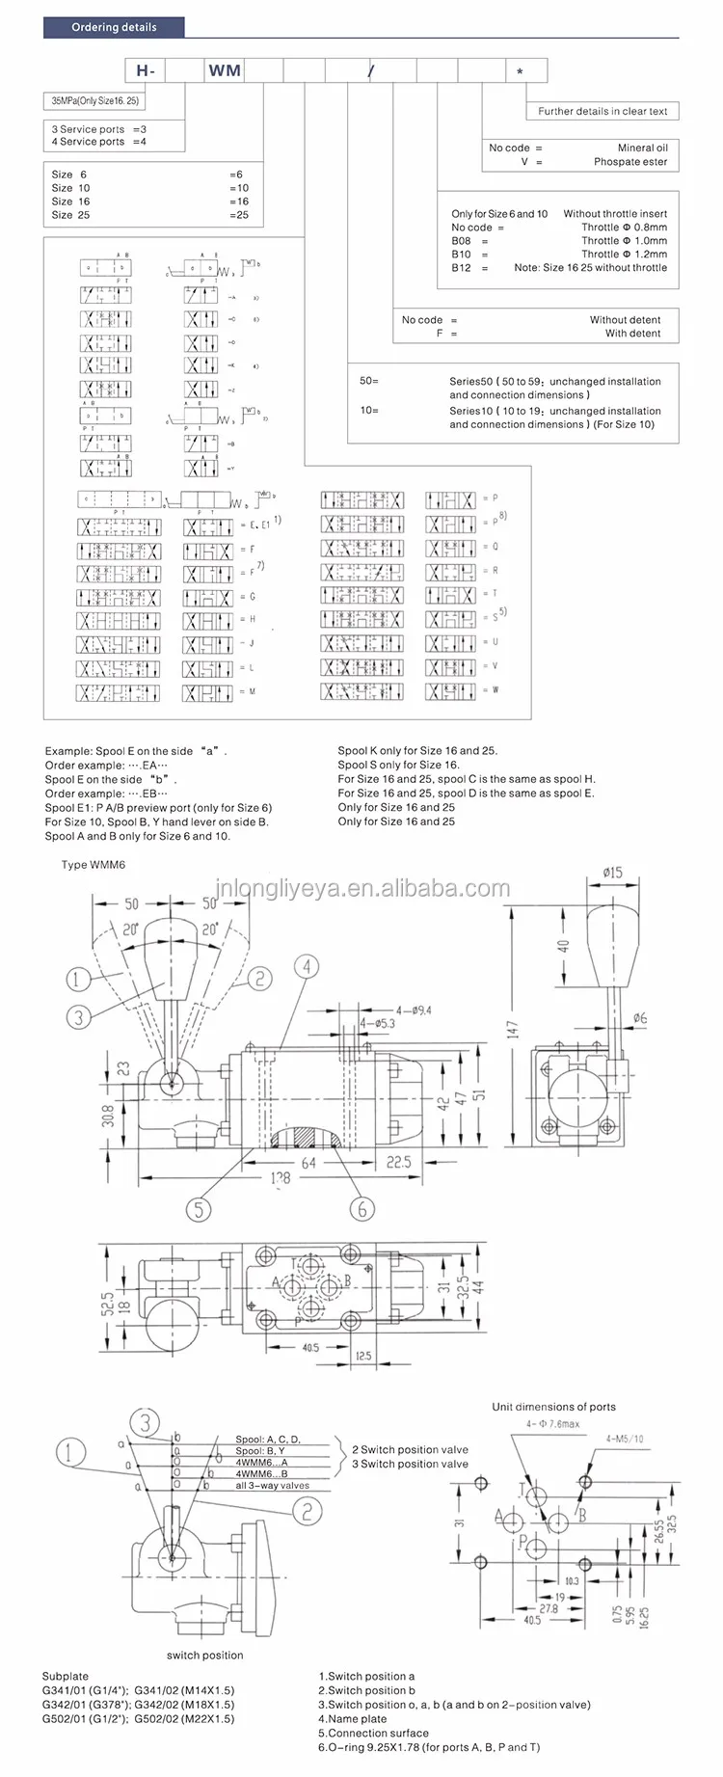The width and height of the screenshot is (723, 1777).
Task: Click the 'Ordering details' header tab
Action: tap(114, 27)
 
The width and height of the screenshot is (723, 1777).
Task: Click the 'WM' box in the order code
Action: tap(225, 70)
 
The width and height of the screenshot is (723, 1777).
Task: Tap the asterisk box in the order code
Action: tap(521, 71)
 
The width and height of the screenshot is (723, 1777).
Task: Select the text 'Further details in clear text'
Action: tap(602, 111)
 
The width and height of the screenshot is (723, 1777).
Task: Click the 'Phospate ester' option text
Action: tap(630, 162)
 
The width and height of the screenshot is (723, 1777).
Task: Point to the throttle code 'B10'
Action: tap(462, 255)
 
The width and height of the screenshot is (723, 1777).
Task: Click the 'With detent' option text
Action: tap(632, 334)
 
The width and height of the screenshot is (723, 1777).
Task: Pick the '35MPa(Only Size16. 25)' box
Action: tap(94, 100)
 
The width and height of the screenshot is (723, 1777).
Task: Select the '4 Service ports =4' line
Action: tap(99, 142)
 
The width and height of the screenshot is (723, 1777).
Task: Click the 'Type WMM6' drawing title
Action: tap(94, 865)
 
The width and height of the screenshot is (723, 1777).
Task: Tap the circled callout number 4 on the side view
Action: tap(307, 966)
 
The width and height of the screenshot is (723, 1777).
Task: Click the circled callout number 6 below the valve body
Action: tap(362, 1208)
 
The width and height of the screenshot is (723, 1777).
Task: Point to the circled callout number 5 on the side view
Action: tap(199, 1208)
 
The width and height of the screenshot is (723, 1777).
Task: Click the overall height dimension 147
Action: tap(512, 1030)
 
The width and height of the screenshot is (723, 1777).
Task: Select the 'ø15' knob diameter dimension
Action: tap(612, 873)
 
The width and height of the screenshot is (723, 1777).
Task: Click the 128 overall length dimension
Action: tap(280, 1178)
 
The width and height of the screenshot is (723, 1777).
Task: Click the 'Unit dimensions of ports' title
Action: tap(553, 1407)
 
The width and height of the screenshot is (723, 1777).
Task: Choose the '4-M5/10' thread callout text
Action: tap(625, 1439)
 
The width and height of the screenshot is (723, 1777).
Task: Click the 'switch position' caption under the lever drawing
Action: tap(204, 1656)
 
